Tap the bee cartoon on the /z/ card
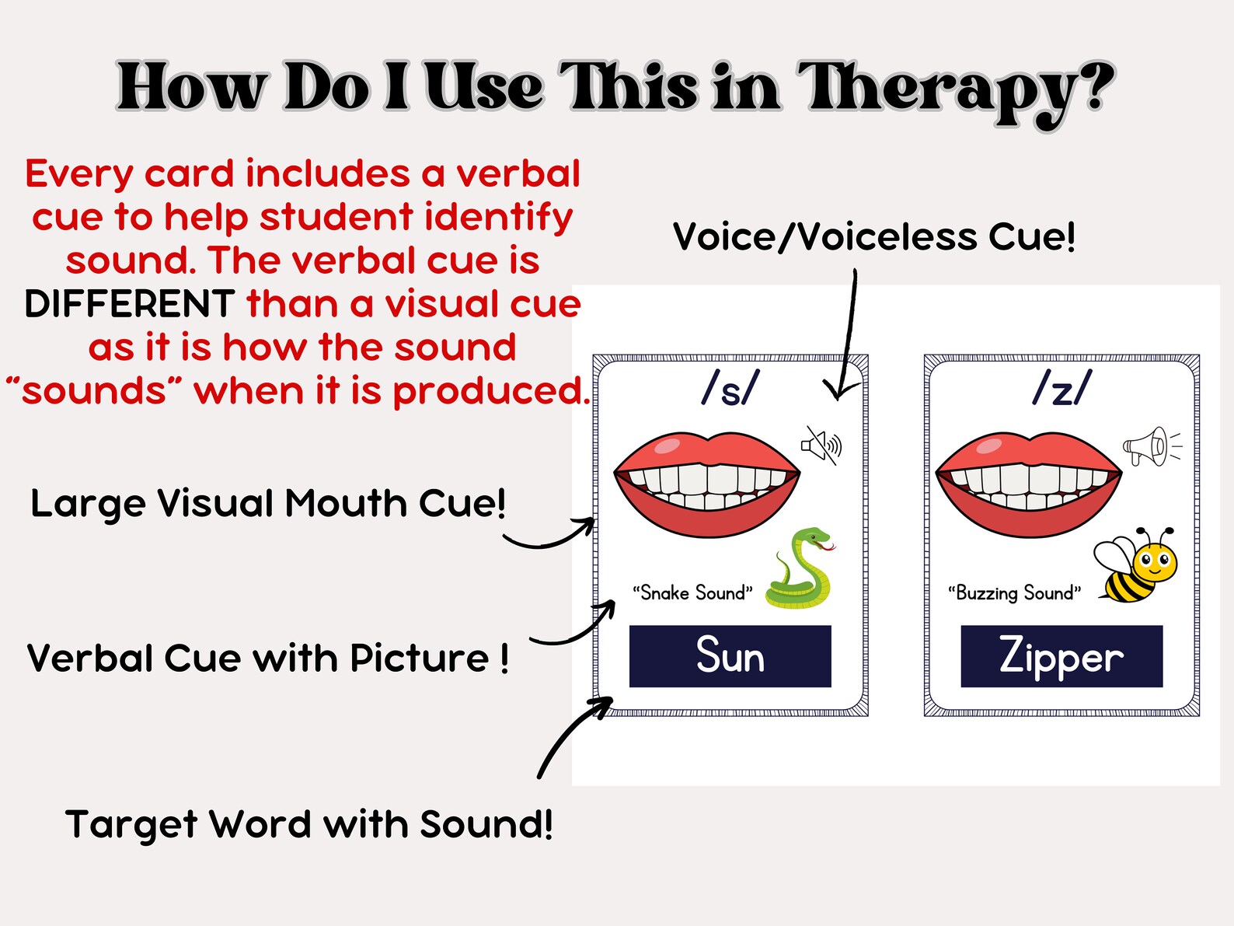click(1137, 565)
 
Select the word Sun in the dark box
click(730, 655)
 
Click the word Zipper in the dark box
click(1061, 655)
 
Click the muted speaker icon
click(821, 446)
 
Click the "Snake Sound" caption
click(692, 593)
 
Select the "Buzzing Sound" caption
click(1014, 593)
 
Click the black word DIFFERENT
click(129, 304)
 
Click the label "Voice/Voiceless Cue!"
click(874, 236)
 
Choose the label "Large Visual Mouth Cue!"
click(268, 504)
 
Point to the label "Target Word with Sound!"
click(308, 824)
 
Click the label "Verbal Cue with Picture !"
click(268, 659)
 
